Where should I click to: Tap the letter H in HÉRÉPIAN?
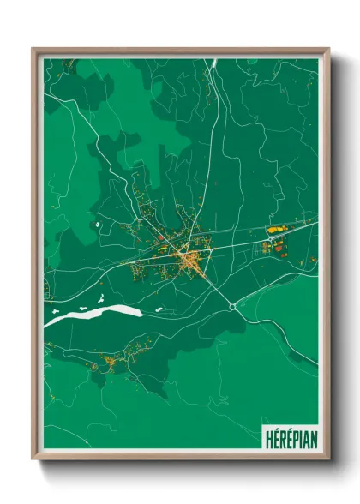pos(267,434)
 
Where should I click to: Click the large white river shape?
pos(94,315)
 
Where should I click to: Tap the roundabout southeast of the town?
pos(233,306)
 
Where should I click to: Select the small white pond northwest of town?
pos(99,225)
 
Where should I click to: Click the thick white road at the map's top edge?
pos(214,63)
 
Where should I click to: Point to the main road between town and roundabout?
pos(214,284)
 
